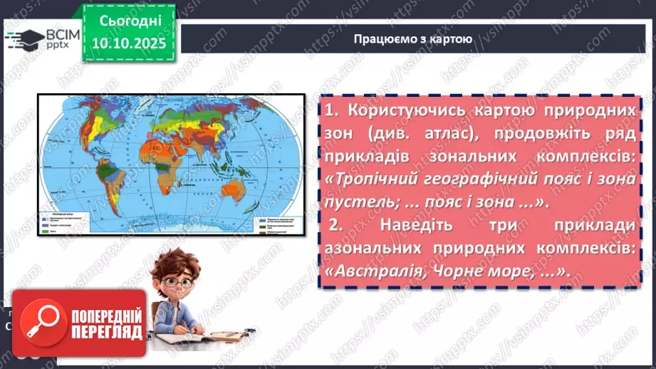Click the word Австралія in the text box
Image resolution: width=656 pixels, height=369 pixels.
(x=373, y=271)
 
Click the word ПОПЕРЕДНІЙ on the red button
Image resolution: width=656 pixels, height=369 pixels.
(x=108, y=316)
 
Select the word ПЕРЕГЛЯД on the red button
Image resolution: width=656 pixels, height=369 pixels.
(x=108, y=333)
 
